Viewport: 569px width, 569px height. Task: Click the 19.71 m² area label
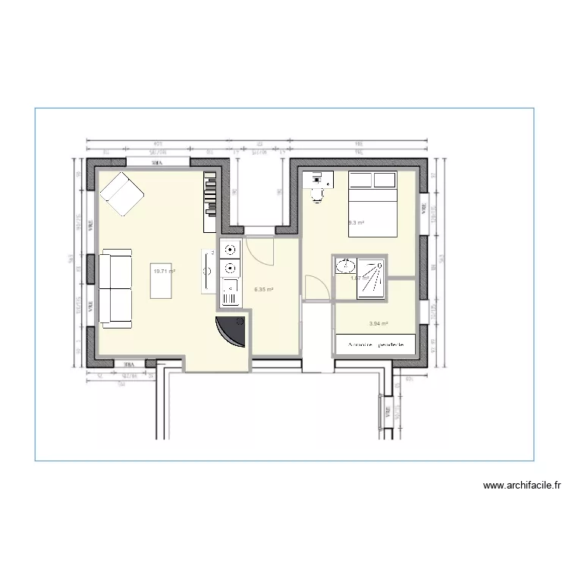click(x=164, y=271)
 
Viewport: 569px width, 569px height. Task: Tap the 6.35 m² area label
click(x=264, y=289)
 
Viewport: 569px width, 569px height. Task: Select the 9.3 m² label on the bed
click(x=357, y=223)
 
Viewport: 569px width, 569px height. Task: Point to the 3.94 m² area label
click(x=378, y=324)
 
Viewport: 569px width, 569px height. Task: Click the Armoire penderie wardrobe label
click(x=376, y=344)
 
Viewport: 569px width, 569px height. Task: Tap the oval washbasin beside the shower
click(x=345, y=266)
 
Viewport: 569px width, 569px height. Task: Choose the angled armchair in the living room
click(x=122, y=193)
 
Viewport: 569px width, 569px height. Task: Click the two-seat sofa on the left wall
click(x=116, y=288)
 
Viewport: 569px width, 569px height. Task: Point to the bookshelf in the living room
click(x=210, y=201)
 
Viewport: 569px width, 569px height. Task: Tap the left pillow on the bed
click(x=360, y=180)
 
